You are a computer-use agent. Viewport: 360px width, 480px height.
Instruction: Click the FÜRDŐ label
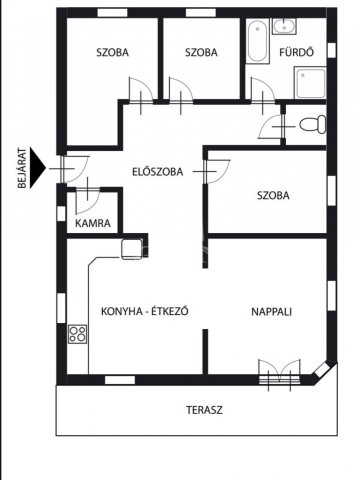tap(298, 52)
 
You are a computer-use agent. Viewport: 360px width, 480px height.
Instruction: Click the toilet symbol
tap(312, 124)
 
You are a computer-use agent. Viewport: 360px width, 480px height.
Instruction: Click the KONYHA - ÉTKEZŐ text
tap(145, 311)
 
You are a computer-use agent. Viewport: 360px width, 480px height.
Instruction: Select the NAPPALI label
tap(271, 311)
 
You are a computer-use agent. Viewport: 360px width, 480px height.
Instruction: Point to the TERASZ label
tap(203, 410)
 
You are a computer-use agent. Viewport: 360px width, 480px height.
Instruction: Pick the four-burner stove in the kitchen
tap(79, 334)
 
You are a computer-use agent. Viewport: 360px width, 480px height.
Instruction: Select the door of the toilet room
tap(270, 127)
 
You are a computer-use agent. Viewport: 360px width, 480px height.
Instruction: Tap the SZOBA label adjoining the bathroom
tap(202, 52)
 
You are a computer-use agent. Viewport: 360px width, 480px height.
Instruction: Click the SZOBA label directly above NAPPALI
tap(272, 196)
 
